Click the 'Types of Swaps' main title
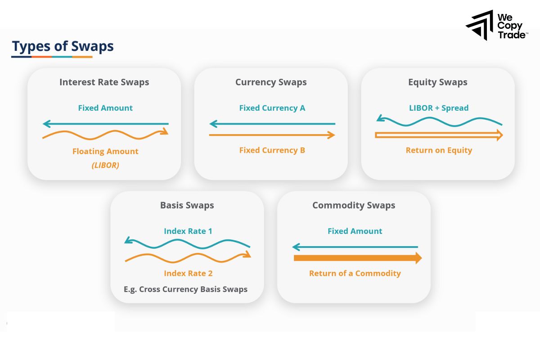63,46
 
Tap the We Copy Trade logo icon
480,25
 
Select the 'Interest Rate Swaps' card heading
104,82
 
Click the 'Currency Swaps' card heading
271,82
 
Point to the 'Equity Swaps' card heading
437,82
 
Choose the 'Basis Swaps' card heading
187,206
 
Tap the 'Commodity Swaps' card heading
354,206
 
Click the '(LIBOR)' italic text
105,165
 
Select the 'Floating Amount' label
105,152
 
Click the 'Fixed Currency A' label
272,108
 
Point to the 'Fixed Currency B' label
272,150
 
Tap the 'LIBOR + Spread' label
439,108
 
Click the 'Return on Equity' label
439,150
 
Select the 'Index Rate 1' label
188,231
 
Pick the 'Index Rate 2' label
188,274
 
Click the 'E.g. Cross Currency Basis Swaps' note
185,289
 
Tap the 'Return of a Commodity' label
355,274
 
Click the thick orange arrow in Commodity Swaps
357,258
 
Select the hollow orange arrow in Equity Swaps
438,135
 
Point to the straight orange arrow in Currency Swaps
272,135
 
